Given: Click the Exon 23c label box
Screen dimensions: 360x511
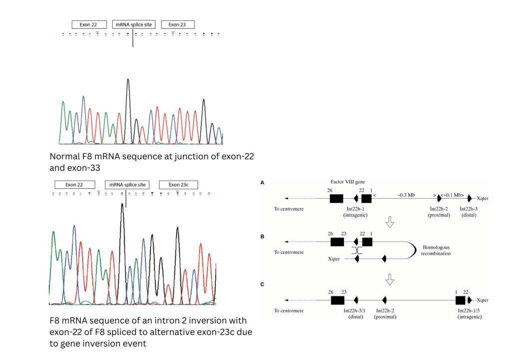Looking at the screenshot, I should point(178,185).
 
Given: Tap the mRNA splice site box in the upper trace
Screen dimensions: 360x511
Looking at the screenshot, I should point(133,24).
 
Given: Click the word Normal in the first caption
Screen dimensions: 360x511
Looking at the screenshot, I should point(65,157).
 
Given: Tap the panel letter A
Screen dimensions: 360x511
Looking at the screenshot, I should point(263,183).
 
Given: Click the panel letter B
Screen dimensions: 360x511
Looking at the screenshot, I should point(263,236).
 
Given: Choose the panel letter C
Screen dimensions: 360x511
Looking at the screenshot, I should point(263,284).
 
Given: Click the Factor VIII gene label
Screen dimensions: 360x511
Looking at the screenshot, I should point(348,183).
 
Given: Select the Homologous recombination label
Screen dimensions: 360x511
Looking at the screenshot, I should point(437,250).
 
